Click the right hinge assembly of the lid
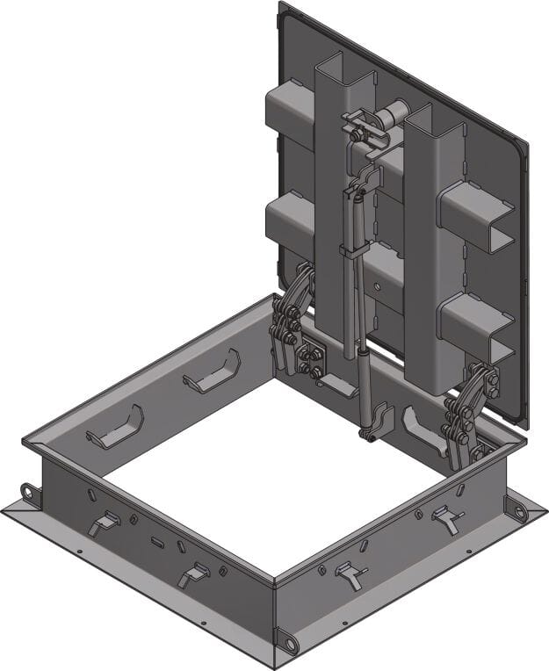(x=465, y=413)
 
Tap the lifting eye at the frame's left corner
(x=32, y=494)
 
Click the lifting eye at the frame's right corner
(x=517, y=509)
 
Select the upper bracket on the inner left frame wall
(x=211, y=372)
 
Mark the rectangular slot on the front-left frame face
(x=157, y=542)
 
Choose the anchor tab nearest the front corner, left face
(x=191, y=575)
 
